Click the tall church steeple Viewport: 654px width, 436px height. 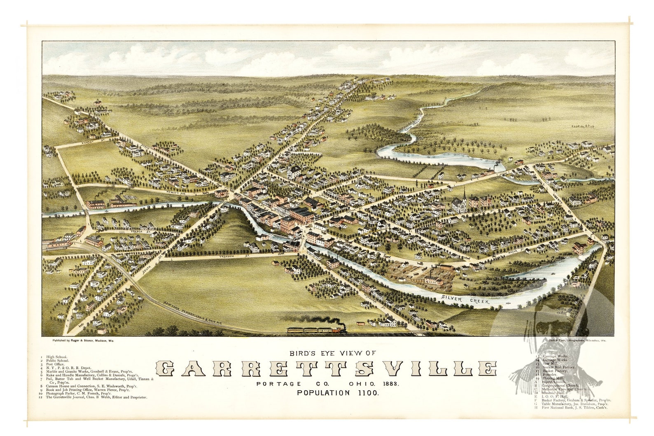pos(464,196)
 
